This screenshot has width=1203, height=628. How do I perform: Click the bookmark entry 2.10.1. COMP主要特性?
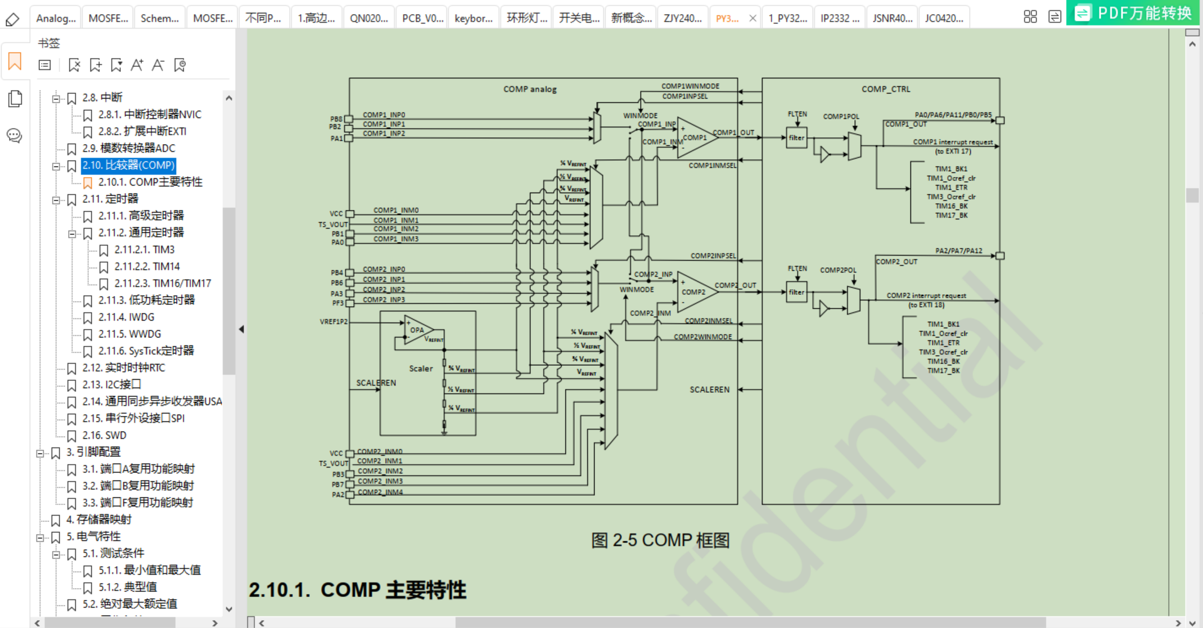150,182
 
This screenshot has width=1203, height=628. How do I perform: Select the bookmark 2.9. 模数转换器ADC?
128,148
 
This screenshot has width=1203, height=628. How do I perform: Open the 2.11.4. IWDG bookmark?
126,317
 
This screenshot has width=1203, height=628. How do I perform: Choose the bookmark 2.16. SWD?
104,435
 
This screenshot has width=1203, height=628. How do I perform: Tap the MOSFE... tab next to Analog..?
108,18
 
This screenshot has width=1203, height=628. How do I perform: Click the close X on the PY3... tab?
753,18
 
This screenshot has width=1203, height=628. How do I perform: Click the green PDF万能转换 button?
1133,13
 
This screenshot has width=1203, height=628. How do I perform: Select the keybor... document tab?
473,18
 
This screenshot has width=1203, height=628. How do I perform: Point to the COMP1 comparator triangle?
696,137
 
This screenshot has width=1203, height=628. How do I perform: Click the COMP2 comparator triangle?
695,292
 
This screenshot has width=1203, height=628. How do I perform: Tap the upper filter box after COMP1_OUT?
796,138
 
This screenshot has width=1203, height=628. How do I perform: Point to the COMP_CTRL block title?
885,89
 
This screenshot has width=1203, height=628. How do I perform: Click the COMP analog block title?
529,89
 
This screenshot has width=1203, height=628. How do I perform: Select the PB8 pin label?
336,119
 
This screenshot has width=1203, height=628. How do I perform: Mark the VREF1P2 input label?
334,322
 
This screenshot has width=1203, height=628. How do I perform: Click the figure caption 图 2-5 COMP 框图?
660,540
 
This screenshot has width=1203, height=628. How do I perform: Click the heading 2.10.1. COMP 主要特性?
358,590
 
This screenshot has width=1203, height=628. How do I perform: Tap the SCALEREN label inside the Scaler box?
376,383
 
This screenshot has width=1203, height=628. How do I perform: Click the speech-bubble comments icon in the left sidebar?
15,136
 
